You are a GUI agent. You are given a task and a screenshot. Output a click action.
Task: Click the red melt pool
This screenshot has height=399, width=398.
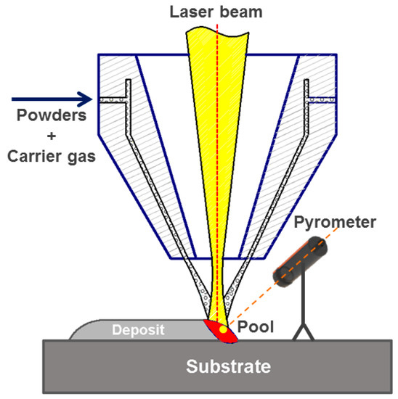tap(222, 330)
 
